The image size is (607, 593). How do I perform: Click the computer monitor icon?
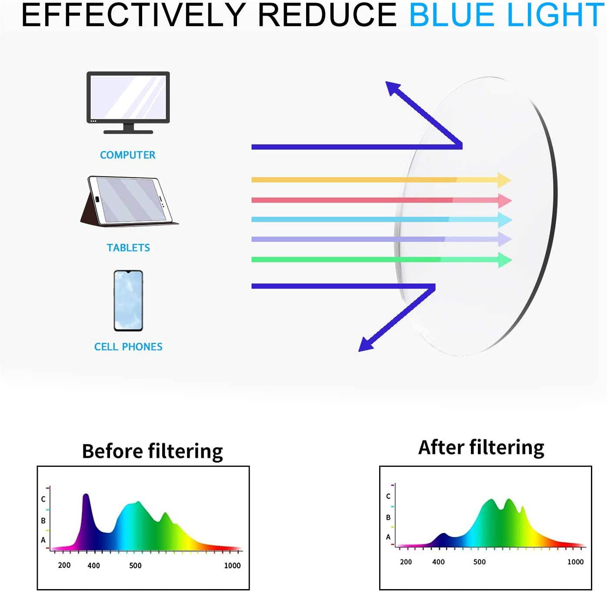click(x=128, y=102)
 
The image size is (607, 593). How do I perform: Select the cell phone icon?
click(x=128, y=300)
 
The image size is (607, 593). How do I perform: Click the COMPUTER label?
click(x=127, y=155)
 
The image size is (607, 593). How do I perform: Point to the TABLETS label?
click(x=128, y=248)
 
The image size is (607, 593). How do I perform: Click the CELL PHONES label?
click(x=128, y=346)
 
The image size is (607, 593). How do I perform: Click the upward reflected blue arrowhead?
click(x=392, y=87)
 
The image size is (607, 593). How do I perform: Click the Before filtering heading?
click(x=152, y=451)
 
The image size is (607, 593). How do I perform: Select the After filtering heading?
click(x=481, y=447)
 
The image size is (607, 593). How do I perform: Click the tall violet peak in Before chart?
click(x=86, y=498)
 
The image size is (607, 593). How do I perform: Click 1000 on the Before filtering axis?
click(x=232, y=566)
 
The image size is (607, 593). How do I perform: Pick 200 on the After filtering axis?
click(x=406, y=562)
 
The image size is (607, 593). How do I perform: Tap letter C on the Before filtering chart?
click(x=43, y=499)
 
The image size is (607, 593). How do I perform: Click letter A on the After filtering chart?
click(x=388, y=537)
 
